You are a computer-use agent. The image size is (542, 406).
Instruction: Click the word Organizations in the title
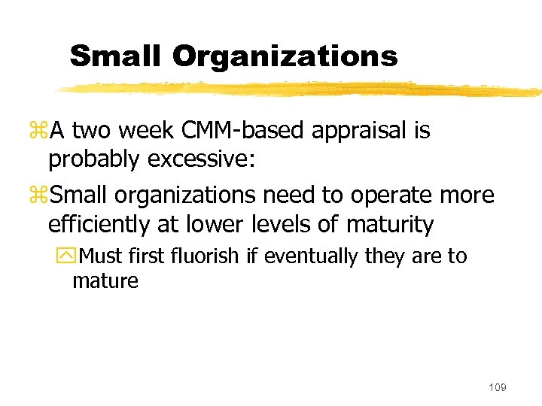(285, 56)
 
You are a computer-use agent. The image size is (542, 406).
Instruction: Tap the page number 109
(497, 386)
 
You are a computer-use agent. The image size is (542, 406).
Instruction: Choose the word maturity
(391, 224)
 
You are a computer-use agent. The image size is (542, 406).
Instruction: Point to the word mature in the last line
(105, 281)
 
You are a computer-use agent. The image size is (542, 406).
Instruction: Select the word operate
(408, 196)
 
